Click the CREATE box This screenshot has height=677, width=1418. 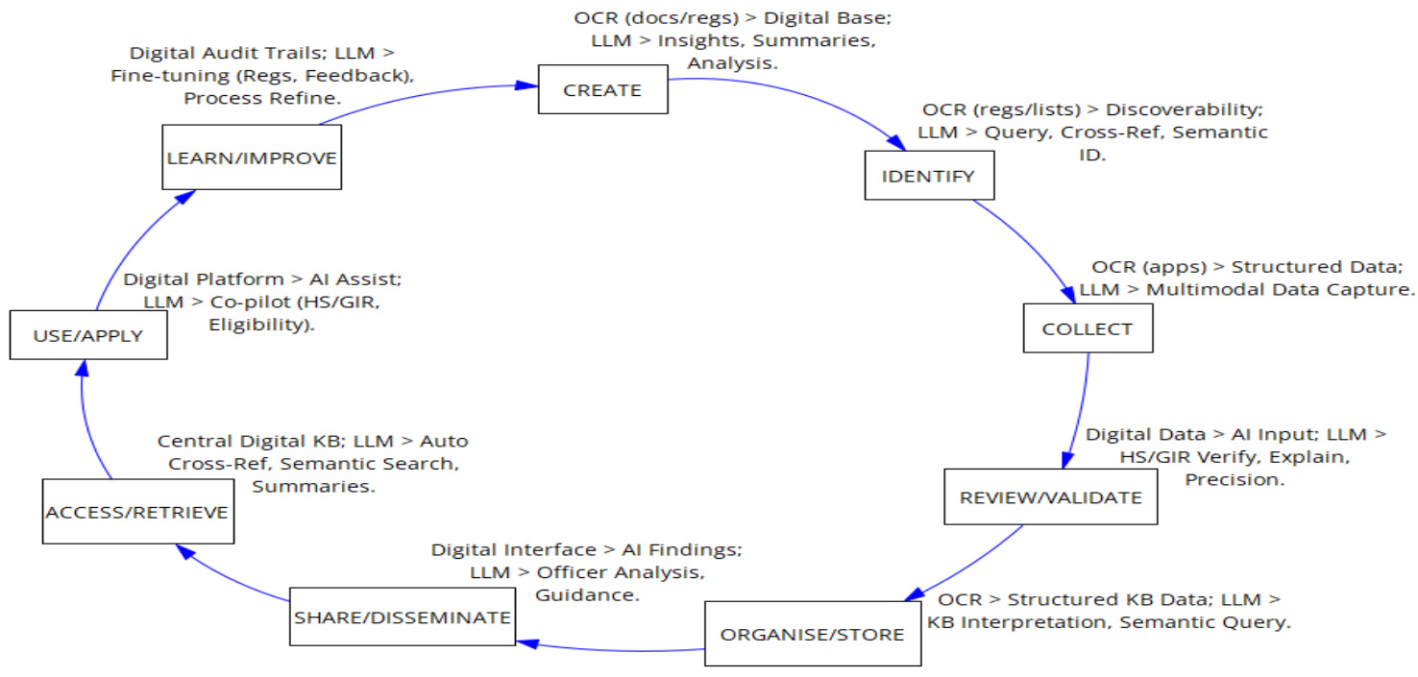[x=602, y=90]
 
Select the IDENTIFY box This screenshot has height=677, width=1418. [x=928, y=176]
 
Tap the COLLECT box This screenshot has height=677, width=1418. [x=1088, y=329]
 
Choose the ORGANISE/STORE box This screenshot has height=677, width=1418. [x=812, y=634]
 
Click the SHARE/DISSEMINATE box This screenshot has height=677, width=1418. [x=402, y=617]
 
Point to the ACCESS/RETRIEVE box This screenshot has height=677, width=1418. [x=137, y=512]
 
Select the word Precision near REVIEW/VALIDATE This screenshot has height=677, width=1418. [x=1235, y=478]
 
